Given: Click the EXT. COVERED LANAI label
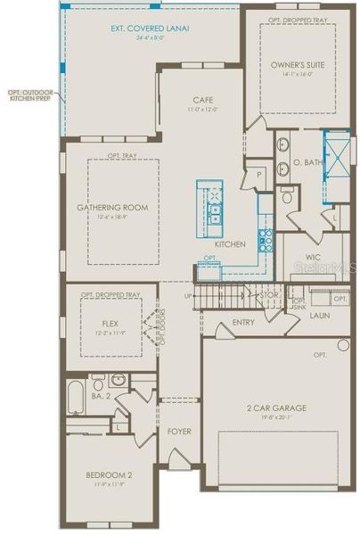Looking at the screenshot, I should pyautogui.click(x=150, y=29).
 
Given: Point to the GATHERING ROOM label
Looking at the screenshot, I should pyautogui.click(x=112, y=208).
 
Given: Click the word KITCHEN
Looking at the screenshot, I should pyautogui.click(x=230, y=243).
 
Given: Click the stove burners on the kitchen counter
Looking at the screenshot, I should pyautogui.click(x=265, y=237).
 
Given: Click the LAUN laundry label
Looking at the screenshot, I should pyautogui.click(x=319, y=315).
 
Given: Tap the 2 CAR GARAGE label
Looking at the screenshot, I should pyautogui.click(x=276, y=408).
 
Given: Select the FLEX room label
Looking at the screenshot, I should pyautogui.click(x=110, y=324).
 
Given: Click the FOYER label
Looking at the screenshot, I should pyautogui.click(x=179, y=432).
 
